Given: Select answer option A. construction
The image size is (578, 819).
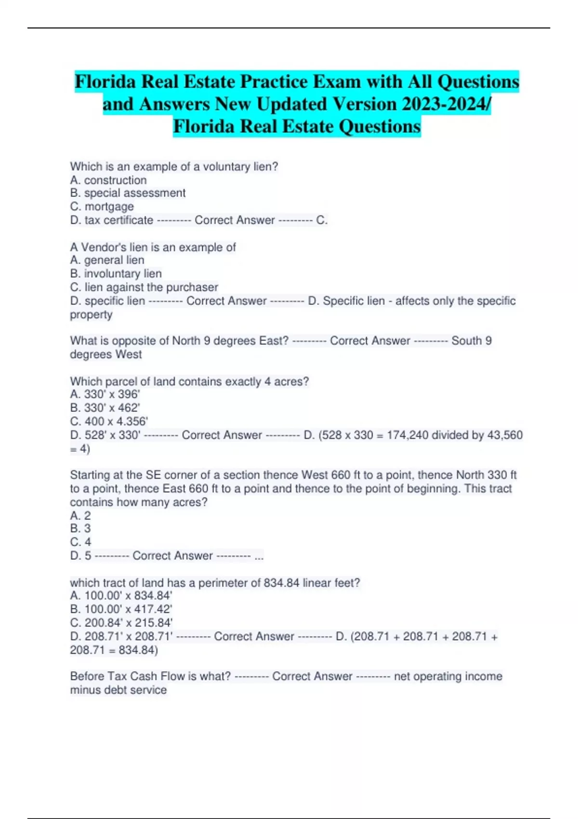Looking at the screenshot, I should pos(108,180).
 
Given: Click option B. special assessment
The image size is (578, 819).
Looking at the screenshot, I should pos(128,193).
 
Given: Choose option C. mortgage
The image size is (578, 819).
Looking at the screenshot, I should pos(102,207).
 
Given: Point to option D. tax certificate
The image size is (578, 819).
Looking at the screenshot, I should pos(112,220).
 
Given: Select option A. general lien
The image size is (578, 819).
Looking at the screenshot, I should pos(107,260).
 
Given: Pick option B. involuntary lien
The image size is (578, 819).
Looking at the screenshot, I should pos(116,274).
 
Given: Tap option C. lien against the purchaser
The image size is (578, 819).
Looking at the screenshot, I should pos(144,287).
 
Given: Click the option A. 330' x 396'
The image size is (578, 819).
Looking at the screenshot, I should pos(105,395).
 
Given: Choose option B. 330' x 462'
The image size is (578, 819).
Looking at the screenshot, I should pos(105,408).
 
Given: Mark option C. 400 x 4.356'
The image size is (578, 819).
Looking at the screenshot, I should pos(109,422).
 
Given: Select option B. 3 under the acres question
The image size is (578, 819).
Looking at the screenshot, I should pos(80,528).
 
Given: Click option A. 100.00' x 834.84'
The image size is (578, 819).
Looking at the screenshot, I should pos(121,596).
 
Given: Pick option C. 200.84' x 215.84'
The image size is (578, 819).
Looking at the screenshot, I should pos(121,623).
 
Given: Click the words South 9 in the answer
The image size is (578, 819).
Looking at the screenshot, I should pos(471,341).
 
